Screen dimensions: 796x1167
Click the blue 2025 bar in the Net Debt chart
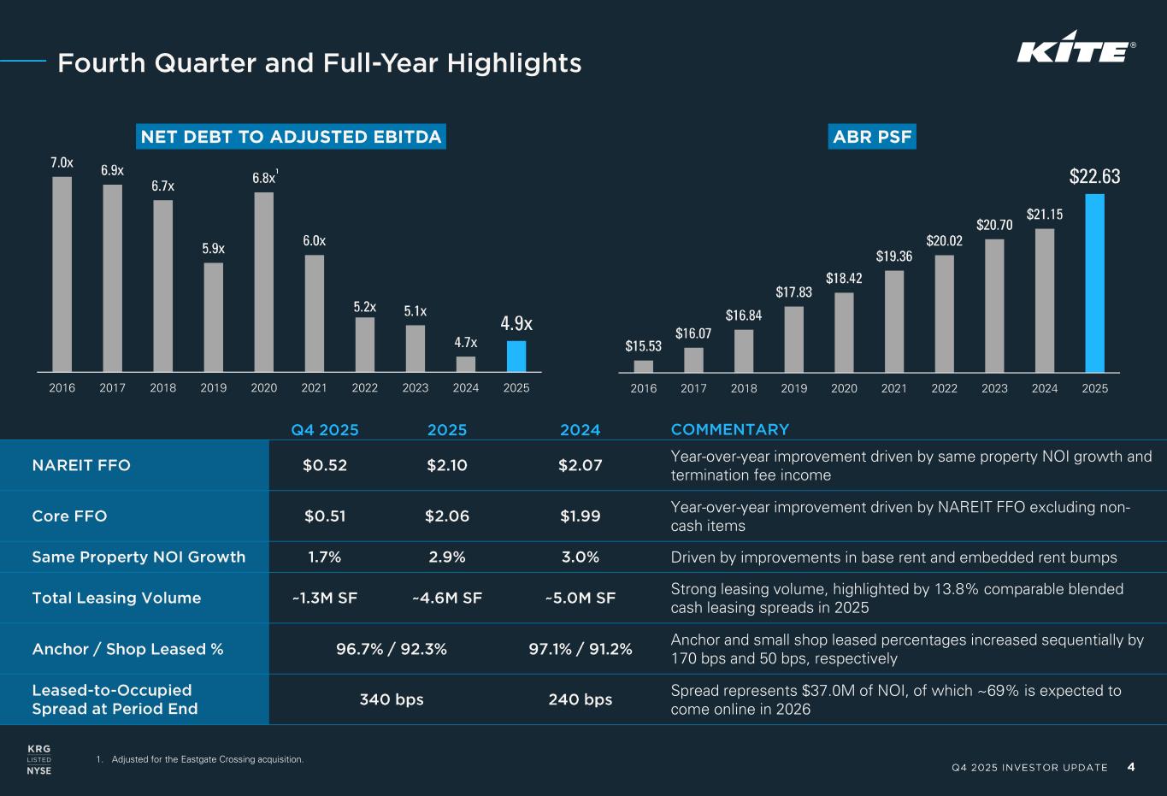(516, 357)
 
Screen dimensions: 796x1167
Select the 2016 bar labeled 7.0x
(62, 274)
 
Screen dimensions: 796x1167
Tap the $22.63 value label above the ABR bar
(1094, 177)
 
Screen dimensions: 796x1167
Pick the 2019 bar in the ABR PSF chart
(793, 339)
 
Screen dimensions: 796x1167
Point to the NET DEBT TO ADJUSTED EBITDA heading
(292, 137)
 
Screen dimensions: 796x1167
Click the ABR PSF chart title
(872, 137)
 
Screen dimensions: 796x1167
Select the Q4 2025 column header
(325, 429)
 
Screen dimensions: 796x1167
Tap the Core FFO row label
(69, 516)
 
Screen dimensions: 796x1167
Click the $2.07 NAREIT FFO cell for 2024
(581, 465)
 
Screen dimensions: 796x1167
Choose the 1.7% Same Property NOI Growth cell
(325, 557)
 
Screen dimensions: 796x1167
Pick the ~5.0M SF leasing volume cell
(581, 598)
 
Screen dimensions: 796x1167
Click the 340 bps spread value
(392, 699)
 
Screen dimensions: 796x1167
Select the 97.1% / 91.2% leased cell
(581, 649)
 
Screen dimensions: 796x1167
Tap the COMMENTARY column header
(730, 429)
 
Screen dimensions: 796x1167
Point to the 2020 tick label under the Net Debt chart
(264, 387)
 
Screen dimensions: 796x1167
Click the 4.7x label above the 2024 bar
(466, 342)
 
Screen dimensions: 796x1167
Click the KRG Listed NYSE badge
(39, 759)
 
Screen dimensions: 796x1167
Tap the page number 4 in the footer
(1131, 766)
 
